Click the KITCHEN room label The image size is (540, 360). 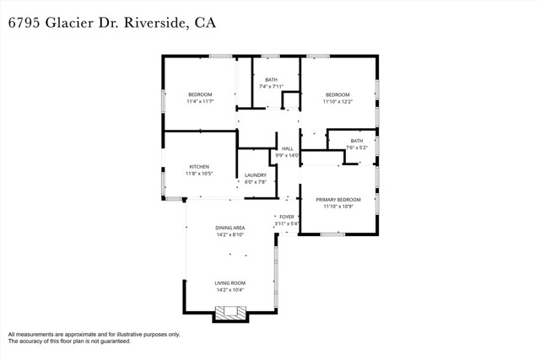(x=199, y=167)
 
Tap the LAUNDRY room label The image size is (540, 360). (x=256, y=175)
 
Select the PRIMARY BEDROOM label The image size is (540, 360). (x=337, y=200)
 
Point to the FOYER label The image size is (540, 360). (x=287, y=217)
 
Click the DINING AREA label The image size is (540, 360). (x=229, y=228)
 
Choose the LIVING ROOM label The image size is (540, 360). (x=229, y=283)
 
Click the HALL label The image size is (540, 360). (x=287, y=148)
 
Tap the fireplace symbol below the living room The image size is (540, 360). (x=229, y=313)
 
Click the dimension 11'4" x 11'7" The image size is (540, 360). (x=200, y=101)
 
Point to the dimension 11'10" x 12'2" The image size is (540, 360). (x=337, y=101)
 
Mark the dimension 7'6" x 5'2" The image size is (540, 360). (x=357, y=148)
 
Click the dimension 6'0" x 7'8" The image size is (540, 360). (x=256, y=182)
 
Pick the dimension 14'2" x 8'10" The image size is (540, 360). (x=229, y=235)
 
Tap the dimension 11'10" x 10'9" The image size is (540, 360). (x=337, y=207)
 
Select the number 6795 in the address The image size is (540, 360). (x=24, y=23)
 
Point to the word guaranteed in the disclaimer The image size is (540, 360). (x=112, y=341)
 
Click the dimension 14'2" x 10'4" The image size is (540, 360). (x=229, y=290)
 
